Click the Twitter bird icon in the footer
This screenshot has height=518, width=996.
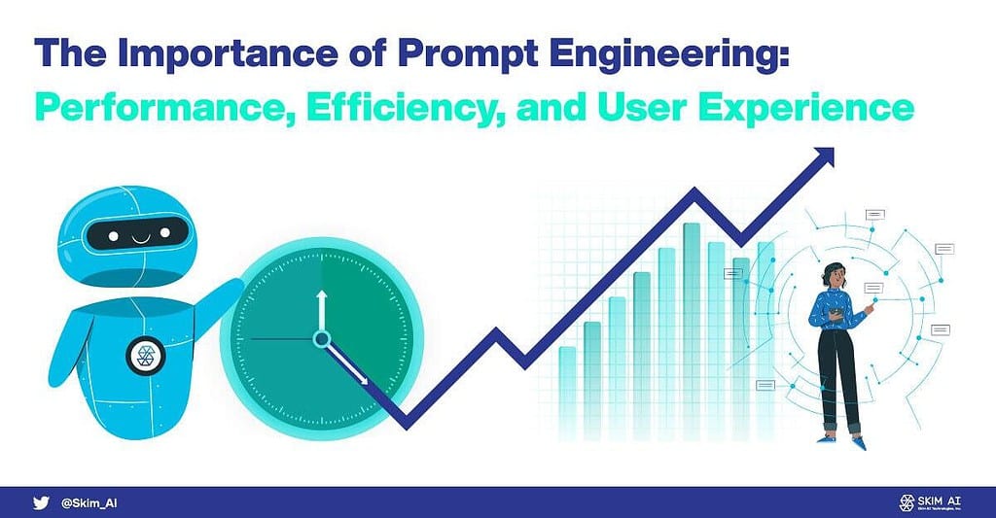click(40, 501)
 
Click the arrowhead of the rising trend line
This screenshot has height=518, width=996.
click(825, 156)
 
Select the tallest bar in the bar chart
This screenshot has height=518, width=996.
click(692, 292)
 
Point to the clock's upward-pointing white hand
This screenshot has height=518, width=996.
click(320, 311)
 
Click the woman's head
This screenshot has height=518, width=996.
click(835, 275)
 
